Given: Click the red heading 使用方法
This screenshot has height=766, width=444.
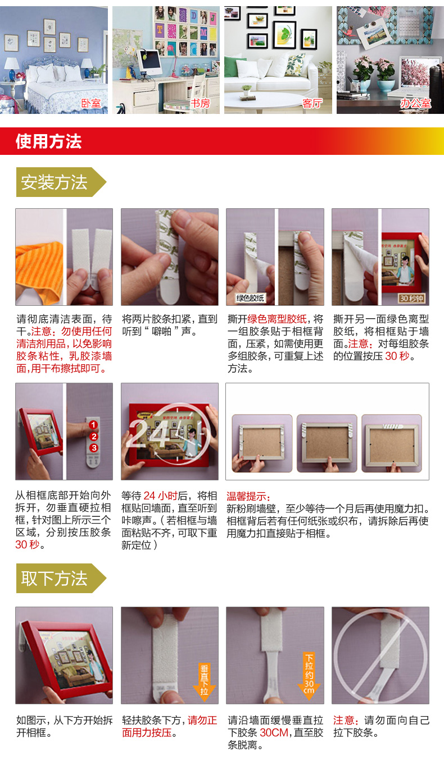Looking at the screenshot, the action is [x=48, y=141].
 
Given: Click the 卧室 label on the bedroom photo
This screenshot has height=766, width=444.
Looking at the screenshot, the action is [x=91, y=103].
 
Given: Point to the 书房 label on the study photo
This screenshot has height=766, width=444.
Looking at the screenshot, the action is [x=200, y=103].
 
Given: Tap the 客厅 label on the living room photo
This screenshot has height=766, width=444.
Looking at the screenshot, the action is [x=312, y=103].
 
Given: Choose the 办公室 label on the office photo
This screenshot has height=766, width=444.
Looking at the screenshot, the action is [x=415, y=103].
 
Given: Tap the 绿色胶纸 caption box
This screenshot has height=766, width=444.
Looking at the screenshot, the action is [x=250, y=298].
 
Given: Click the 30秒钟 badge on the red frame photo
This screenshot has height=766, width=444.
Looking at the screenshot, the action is [x=411, y=298].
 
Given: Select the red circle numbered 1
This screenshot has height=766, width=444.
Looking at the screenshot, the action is [x=93, y=425].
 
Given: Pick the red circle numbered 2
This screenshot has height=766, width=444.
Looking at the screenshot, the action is [x=93, y=437].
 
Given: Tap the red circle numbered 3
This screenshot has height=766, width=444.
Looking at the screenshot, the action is [x=93, y=448].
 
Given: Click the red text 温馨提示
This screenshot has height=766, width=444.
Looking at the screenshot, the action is [x=248, y=497].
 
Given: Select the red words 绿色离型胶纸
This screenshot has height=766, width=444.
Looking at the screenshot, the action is [x=277, y=319].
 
